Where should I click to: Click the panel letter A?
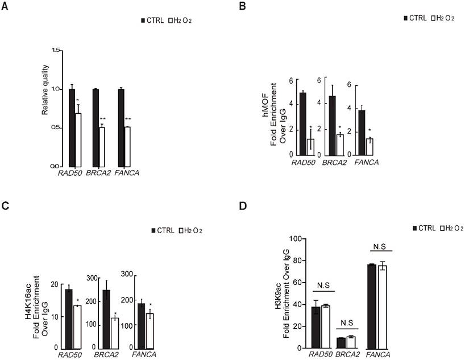coord(7,6)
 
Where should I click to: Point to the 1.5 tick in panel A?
coord(56,51)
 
